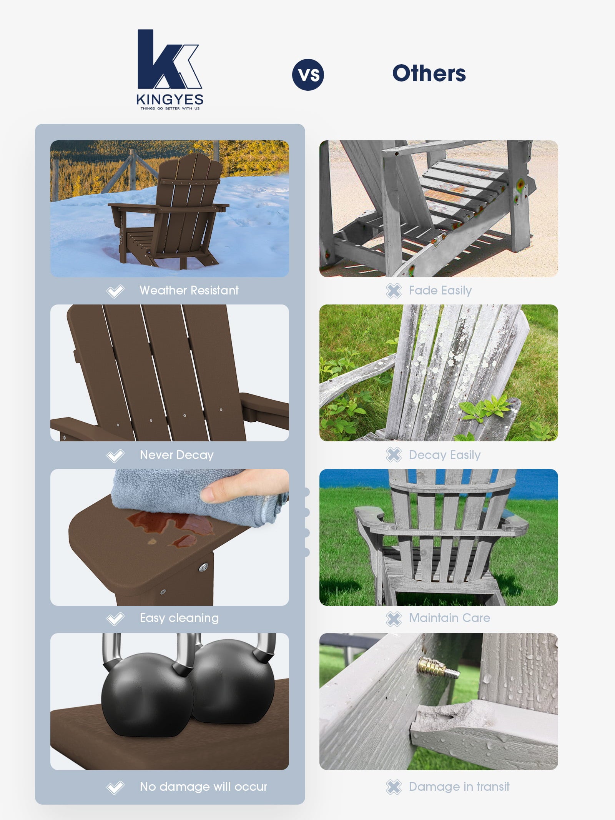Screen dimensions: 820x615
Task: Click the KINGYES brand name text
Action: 170,100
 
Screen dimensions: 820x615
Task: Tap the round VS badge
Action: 308,75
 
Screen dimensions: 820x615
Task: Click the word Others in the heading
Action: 429,73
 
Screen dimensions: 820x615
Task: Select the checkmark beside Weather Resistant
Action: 115,291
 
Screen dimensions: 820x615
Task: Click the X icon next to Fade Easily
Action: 394,291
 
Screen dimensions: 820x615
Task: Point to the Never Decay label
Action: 176,455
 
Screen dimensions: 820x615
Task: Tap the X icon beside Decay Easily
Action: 394,455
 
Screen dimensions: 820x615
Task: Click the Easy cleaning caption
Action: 179,618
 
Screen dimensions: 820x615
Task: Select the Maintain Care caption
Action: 449,618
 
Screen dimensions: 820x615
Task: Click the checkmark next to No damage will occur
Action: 115,787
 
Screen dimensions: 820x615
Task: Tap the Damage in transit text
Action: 459,787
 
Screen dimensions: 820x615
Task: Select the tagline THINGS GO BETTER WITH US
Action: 170,108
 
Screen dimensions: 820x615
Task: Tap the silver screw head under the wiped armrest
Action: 203,567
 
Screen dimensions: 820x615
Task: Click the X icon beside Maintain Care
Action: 394,619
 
